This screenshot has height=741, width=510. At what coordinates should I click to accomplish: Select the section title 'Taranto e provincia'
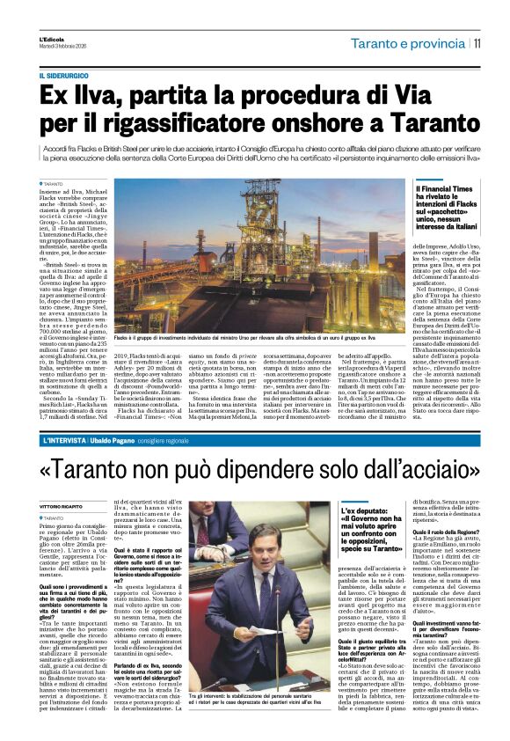pyautogui.click(x=407, y=43)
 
